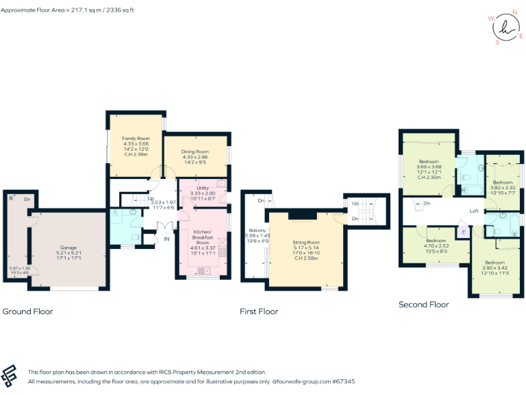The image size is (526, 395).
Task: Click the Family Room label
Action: point(135,139)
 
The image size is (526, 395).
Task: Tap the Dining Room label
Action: point(195,152)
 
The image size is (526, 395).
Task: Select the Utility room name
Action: point(202,188)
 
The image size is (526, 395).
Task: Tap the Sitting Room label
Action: point(306,243)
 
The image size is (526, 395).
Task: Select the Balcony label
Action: point(257,230)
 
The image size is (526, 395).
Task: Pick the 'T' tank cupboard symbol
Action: point(463,232)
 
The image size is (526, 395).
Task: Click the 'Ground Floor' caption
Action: point(28,311)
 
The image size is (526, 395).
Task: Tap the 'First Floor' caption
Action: point(259,311)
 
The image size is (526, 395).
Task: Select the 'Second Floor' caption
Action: point(423,304)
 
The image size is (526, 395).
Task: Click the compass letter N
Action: point(514,12)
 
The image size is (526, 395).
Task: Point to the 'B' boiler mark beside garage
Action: point(11,198)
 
